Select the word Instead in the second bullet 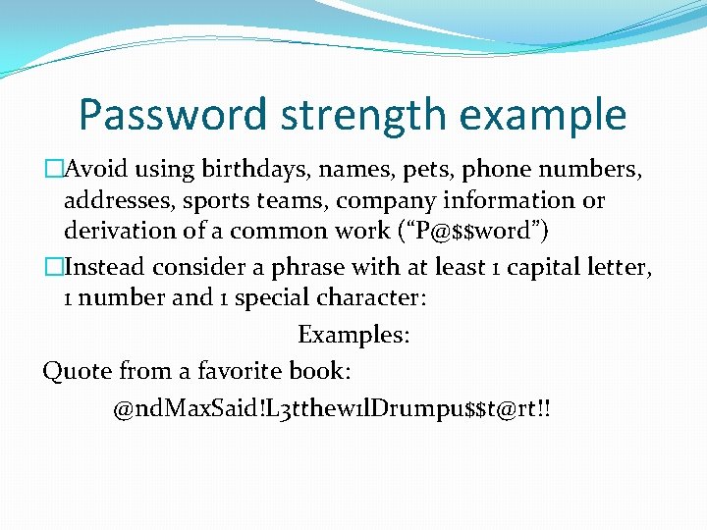(102, 266)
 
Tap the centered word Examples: (353, 335)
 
